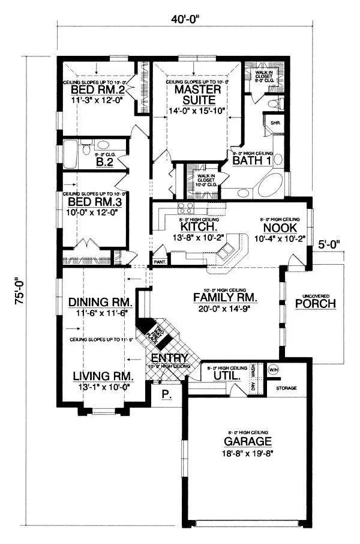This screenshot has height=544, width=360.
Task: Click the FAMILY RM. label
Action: pyautogui.click(x=226, y=297)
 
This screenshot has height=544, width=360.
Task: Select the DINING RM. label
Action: pyautogui.click(x=100, y=302)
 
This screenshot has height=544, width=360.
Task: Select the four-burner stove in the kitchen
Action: pyautogui.click(x=185, y=209)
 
